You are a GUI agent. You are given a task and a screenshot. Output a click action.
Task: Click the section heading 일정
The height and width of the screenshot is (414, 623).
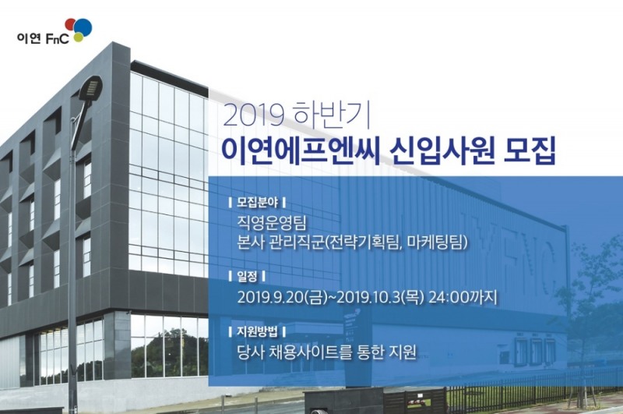coord(245,276)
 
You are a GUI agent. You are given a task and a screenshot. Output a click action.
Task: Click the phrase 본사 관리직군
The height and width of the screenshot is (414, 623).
coord(280,243)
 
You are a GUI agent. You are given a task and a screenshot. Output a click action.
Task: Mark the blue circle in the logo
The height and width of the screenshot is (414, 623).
coord(83,28)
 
